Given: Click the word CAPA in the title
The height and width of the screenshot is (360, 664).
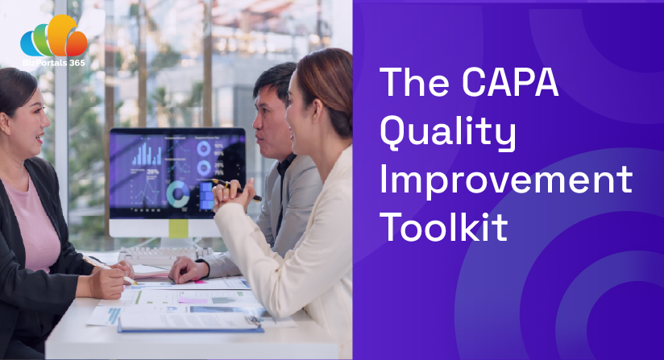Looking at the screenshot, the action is (x=510, y=82).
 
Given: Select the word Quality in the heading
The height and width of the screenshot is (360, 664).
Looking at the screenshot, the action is (x=448, y=132).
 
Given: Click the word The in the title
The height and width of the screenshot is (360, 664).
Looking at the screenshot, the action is (x=414, y=82).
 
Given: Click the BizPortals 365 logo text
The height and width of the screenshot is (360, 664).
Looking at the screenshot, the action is (x=54, y=63).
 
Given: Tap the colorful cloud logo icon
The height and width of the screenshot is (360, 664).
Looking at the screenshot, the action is (x=54, y=36).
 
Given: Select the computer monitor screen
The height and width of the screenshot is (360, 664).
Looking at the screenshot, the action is (x=177, y=173).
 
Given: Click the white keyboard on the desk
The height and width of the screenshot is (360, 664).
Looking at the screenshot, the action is (x=165, y=255).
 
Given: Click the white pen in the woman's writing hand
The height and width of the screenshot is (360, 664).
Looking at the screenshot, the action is (x=110, y=270).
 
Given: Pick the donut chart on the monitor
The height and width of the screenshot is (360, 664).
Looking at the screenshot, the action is (x=178, y=194).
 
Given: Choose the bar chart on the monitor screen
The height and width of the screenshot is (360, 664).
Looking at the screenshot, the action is (x=147, y=154).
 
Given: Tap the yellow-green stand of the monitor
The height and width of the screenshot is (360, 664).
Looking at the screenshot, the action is (x=178, y=229).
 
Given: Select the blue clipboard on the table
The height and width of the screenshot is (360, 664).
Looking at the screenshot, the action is (x=190, y=323).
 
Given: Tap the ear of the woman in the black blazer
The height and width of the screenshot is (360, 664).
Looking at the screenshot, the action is (x=3, y=122).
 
